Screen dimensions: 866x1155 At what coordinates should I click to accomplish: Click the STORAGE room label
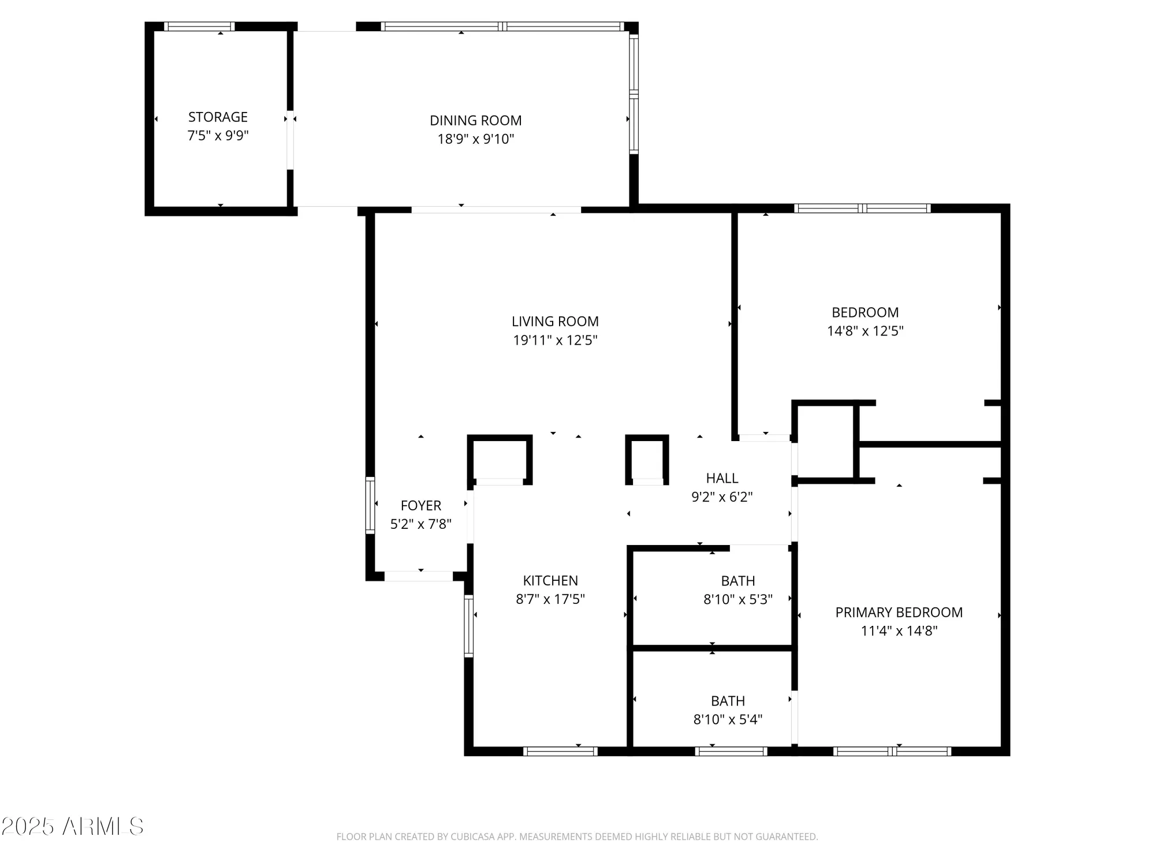tap(218, 117)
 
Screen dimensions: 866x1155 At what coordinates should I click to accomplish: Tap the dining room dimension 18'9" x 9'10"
tap(475, 139)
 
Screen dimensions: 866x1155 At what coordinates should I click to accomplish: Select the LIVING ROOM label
tap(555, 322)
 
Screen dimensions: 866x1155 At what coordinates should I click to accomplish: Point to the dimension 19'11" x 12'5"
tap(555, 340)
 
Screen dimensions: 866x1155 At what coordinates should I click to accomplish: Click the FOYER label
tap(420, 506)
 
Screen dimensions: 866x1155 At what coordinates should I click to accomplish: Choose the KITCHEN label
tap(550, 581)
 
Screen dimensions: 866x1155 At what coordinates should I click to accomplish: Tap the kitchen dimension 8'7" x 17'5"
tap(550, 599)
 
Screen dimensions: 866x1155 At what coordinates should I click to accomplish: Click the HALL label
tap(722, 478)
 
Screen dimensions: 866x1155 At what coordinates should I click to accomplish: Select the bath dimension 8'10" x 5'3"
tap(737, 599)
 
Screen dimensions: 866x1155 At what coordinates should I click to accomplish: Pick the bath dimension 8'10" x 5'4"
tap(728, 719)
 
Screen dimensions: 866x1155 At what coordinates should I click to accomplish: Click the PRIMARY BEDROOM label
tap(899, 613)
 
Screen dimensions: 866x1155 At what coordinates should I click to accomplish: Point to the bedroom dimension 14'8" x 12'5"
tap(865, 331)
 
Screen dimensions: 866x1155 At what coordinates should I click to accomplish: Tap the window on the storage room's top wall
tap(199, 27)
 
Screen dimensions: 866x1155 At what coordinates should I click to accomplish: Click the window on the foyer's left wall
tap(370, 505)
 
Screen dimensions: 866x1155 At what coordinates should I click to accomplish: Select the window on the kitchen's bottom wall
tap(560, 751)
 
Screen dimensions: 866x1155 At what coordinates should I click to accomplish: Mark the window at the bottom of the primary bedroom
tap(892, 751)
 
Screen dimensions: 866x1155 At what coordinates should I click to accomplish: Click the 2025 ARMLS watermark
tap(72, 827)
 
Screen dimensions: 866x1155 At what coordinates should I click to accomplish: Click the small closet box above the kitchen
tap(500, 459)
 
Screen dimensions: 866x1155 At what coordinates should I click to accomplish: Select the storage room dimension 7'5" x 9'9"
tap(218, 136)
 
